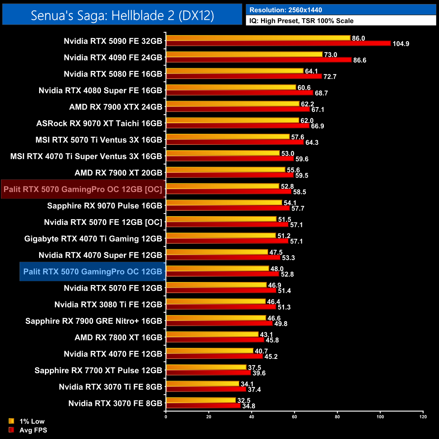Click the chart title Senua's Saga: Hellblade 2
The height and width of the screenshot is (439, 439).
(x=122, y=15)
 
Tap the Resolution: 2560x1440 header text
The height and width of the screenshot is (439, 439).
(x=285, y=10)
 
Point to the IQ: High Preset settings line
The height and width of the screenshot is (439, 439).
(x=301, y=21)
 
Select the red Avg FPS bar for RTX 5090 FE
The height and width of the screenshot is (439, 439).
(x=278, y=43)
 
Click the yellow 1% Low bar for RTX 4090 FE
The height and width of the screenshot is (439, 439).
(x=244, y=54)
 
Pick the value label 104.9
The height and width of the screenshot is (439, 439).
(x=401, y=44)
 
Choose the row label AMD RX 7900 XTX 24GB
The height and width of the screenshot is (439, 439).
(x=116, y=107)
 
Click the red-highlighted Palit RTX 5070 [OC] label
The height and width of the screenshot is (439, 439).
(x=83, y=189)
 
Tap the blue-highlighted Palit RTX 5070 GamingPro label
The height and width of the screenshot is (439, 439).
(x=93, y=272)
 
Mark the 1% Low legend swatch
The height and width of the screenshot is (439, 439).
(x=11, y=421)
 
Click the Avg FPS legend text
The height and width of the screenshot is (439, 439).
(x=33, y=430)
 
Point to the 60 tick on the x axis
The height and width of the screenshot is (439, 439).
(x=294, y=417)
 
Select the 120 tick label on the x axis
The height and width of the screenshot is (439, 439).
(x=423, y=417)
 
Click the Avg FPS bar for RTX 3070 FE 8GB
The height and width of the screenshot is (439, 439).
(x=203, y=406)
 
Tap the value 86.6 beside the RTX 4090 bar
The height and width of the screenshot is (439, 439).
(x=360, y=60)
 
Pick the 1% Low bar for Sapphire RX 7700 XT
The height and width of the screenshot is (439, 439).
(x=206, y=367)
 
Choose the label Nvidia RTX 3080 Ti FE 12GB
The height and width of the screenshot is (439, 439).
(x=108, y=305)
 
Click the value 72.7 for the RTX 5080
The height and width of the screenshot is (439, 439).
(x=330, y=77)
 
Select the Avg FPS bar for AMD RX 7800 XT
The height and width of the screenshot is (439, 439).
(x=215, y=340)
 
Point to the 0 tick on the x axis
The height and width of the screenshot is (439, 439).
(x=166, y=417)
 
